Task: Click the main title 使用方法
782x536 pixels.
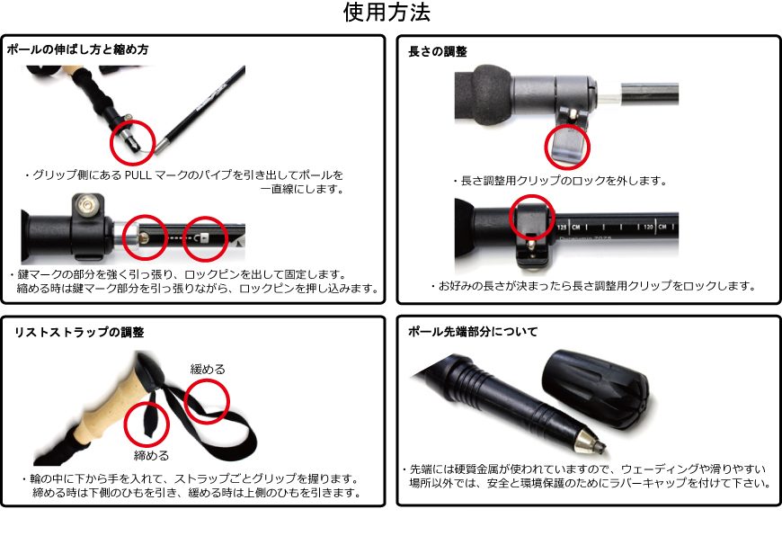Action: pos(387,12)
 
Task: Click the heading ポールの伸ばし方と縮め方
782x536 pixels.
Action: pos(78,49)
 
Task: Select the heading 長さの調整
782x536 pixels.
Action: pos(438,51)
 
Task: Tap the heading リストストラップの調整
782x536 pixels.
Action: pos(79,332)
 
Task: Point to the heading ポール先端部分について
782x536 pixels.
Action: pos(473,331)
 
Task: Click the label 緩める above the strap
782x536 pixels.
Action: pos(208,370)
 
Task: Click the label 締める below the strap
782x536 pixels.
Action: pos(151,455)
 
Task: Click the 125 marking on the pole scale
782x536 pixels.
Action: pos(562,227)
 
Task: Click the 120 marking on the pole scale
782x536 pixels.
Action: pos(648,227)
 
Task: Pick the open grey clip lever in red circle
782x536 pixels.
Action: pos(566,146)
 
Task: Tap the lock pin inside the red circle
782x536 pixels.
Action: pos(144,238)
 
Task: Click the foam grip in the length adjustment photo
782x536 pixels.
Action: pos(483,94)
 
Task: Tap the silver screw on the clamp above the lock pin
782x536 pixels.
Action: pos(88,206)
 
